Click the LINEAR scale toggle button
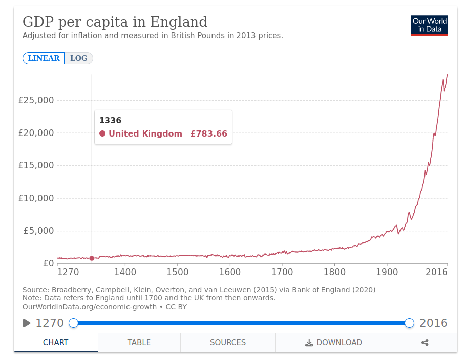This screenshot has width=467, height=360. [x=44, y=58]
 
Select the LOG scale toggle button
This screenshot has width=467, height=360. [x=79, y=58]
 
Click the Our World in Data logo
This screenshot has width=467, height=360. [x=430, y=25]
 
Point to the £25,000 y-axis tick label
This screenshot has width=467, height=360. [x=36, y=100]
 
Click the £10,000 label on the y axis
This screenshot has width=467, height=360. [x=36, y=198]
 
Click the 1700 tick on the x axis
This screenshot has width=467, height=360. [x=282, y=272]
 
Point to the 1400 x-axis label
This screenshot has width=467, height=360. [x=125, y=272]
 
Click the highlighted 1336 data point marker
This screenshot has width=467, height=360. [x=92, y=258]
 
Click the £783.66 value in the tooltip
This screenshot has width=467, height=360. [x=208, y=134]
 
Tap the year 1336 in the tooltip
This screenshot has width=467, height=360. [x=110, y=120]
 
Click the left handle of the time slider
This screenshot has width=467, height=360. [x=73, y=323]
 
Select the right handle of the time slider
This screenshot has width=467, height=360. [x=410, y=323]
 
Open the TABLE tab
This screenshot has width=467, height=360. [x=139, y=342]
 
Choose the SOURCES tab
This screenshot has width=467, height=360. [x=228, y=342]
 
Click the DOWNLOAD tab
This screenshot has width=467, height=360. [x=334, y=342]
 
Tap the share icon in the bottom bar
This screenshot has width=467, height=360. [x=424, y=342]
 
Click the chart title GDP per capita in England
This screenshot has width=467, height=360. [x=115, y=22]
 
